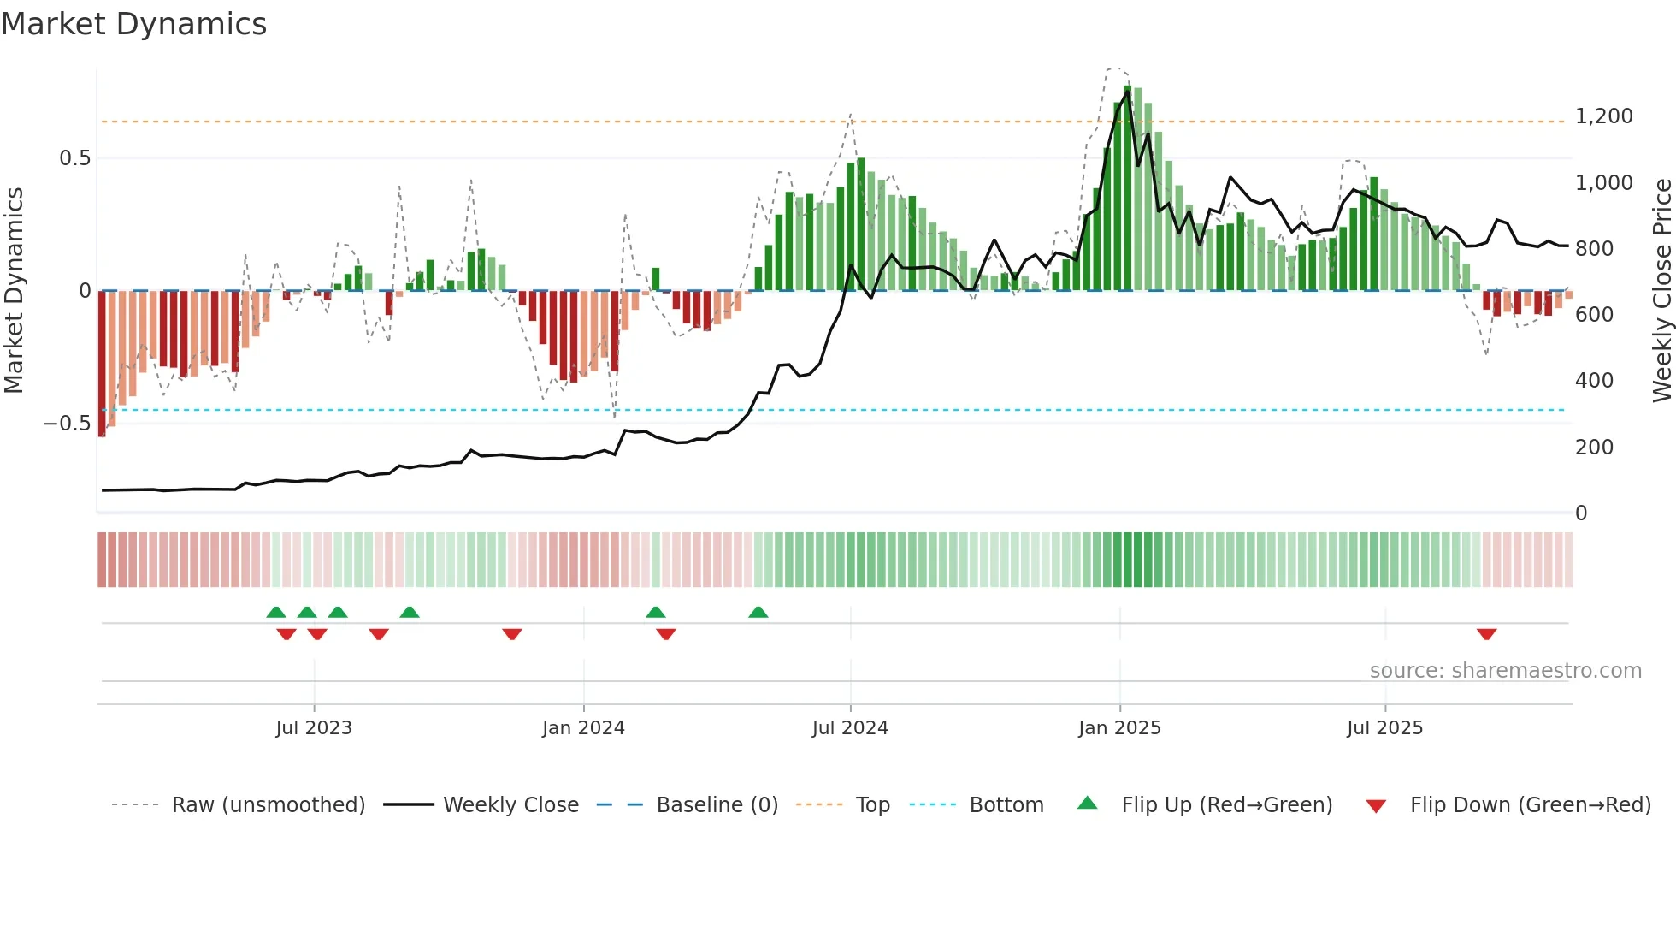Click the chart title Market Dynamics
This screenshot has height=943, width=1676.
pos(133,24)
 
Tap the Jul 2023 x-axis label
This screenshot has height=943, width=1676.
pos(314,728)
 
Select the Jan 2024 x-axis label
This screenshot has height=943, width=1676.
pos(583,728)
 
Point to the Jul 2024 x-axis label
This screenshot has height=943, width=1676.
pos(850,728)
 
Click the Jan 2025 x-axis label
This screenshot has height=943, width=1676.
pos(1119,728)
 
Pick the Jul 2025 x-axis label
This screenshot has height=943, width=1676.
pos(1384,728)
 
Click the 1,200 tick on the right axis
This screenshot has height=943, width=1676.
pos(1603,116)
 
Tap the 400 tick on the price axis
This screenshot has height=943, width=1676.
pos(1594,381)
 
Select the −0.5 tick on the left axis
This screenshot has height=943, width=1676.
pos(67,424)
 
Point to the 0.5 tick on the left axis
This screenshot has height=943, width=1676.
pos(74,158)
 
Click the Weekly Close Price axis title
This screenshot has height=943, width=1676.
pos(1661,291)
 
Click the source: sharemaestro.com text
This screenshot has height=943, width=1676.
pos(1505,671)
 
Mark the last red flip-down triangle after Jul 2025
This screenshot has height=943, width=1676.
pos(1486,634)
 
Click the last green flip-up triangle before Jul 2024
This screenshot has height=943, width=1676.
pos(758,613)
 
